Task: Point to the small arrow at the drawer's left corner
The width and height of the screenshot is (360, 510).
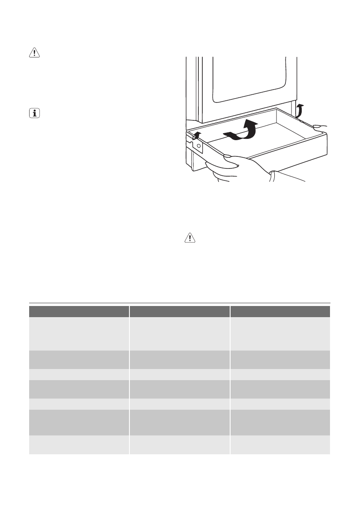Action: click(197, 136)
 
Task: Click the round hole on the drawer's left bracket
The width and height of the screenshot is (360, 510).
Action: click(198, 146)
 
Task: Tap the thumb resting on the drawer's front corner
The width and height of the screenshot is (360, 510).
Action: click(227, 157)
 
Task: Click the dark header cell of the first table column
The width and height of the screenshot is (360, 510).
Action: click(79, 311)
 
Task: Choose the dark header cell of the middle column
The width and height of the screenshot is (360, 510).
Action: click(180, 311)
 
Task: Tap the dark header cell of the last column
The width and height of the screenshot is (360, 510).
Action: click(280, 311)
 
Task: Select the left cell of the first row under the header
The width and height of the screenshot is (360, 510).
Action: click(79, 333)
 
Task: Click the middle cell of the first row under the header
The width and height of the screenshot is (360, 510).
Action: click(180, 333)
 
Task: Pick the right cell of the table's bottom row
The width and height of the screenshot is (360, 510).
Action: click(280, 444)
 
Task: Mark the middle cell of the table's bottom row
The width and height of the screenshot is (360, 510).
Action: click(180, 444)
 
